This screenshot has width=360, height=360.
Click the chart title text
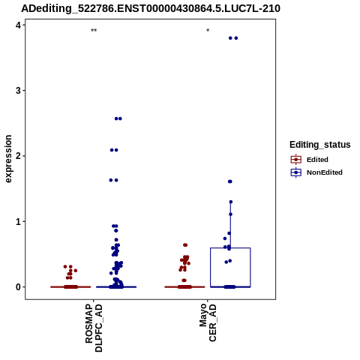tap(151, 8)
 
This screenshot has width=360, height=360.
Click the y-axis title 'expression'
tap(8, 159)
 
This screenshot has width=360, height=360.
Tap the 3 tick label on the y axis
tap(19, 91)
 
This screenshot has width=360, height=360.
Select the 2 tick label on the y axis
tap(19, 156)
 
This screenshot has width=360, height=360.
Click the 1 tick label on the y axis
tap(19, 221)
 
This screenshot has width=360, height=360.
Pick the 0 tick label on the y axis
tap(19, 287)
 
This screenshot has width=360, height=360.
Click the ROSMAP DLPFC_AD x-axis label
tap(94, 328)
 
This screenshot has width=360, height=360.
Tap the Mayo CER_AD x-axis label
tap(208, 322)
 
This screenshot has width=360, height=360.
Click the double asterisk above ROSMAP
tap(94, 31)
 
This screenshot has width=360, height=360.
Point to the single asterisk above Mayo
tap(208, 31)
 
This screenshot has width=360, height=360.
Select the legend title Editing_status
tap(320, 145)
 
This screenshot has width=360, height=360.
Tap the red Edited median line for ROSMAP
tap(70, 287)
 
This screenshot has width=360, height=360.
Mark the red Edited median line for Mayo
tap(184, 287)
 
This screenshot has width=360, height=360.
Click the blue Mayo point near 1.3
tap(231, 202)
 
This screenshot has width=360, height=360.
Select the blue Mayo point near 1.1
tap(230, 214)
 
